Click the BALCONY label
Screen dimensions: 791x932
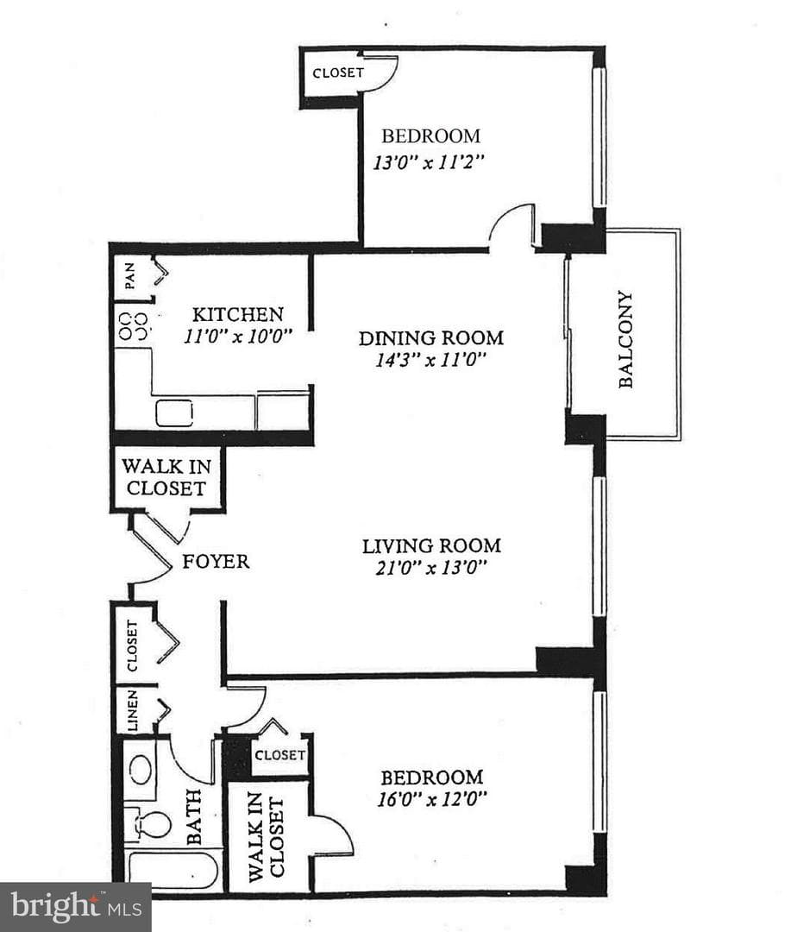(625, 339)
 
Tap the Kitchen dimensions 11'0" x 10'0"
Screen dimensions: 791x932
(238, 337)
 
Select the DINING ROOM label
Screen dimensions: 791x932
(430, 338)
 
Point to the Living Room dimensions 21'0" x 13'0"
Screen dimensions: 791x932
(430, 568)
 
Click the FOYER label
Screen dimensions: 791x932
(216, 562)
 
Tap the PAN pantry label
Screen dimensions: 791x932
(129, 276)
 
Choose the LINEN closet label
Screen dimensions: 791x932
(133, 710)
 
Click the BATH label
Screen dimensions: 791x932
(194, 816)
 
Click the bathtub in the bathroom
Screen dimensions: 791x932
(173, 871)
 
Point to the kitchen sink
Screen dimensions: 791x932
(174, 413)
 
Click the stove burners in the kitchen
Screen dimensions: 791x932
(133, 325)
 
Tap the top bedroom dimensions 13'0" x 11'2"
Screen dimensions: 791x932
(428, 162)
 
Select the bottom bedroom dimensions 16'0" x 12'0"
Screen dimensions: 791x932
(432, 797)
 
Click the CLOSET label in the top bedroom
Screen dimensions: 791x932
(338, 73)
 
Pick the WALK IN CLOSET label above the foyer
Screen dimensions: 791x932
(166, 477)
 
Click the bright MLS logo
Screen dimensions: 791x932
(76, 907)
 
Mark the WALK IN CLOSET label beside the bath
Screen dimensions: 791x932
(267, 837)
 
